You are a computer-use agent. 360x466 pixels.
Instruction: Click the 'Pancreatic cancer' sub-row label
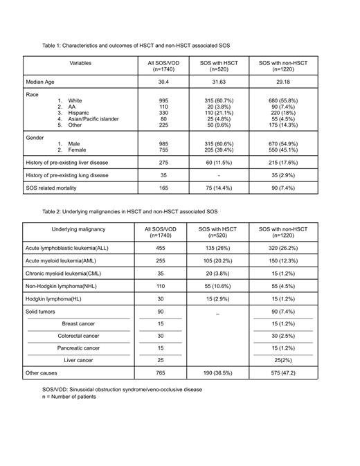(79, 348)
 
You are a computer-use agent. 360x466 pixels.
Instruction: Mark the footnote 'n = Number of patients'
(69, 397)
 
